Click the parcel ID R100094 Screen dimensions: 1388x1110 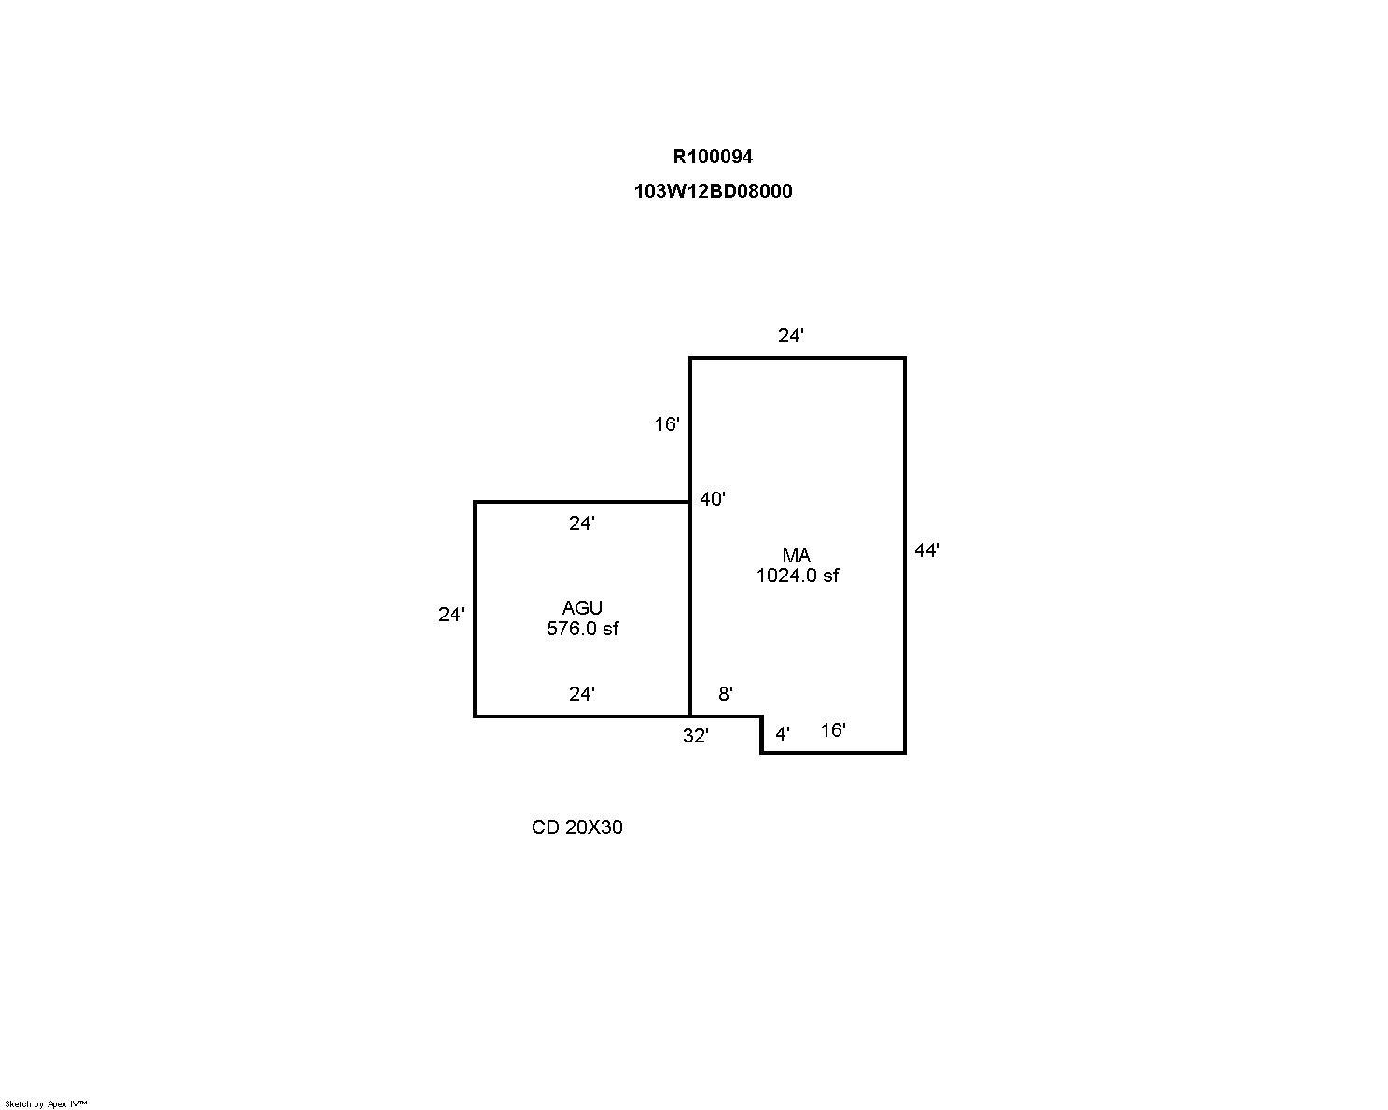click(713, 157)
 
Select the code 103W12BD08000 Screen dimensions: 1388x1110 click(713, 191)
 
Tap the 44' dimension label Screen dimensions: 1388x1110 click(927, 550)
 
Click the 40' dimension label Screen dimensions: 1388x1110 click(712, 498)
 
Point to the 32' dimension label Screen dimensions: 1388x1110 click(695, 735)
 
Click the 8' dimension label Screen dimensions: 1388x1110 click(726, 693)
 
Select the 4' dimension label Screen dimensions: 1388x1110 click(783, 733)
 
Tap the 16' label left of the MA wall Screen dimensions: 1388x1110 click(667, 423)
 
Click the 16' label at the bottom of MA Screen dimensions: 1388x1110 click(833, 729)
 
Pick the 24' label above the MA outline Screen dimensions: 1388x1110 click(791, 336)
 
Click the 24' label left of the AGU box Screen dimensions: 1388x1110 click(451, 614)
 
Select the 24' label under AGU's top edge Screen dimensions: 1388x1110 click(582, 522)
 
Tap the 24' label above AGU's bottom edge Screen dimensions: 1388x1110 click(582, 693)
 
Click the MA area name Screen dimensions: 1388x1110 click(796, 555)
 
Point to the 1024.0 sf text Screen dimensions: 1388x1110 click(798, 576)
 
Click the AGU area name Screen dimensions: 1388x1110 click(582, 607)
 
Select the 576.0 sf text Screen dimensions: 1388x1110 click(582, 628)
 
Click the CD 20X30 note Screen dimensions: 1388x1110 click(576, 826)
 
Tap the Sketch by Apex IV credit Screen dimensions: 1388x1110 click(46, 1103)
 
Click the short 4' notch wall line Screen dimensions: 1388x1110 click(762, 734)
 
